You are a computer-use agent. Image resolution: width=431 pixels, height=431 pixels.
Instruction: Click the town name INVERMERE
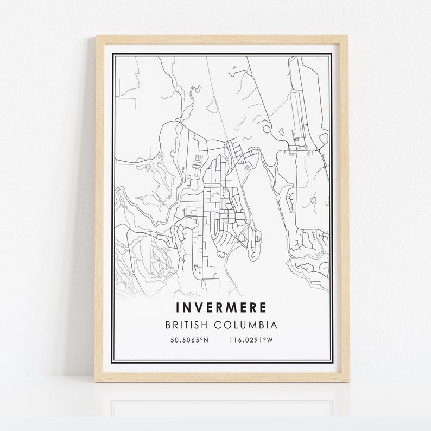click(221, 307)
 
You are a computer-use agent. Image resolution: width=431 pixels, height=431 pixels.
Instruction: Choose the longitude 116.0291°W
click(251, 340)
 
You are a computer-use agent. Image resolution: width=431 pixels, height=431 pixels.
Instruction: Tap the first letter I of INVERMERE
click(178, 307)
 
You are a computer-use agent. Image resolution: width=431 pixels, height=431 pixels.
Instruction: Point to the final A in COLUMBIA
click(274, 326)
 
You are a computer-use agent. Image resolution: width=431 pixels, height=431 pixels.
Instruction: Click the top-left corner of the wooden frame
click(97, 36)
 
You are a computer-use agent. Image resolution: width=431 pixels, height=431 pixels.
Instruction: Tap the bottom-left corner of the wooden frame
click(96, 381)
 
